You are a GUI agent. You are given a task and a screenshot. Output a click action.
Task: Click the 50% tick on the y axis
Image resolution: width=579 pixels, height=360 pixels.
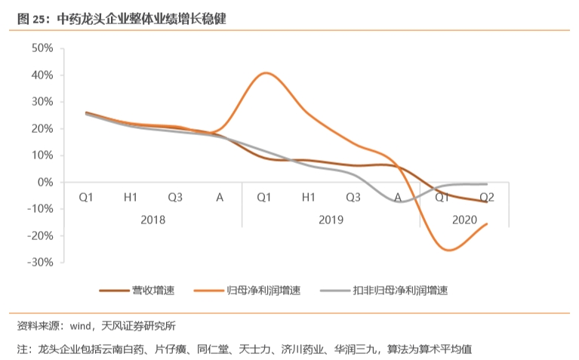coord(42,48)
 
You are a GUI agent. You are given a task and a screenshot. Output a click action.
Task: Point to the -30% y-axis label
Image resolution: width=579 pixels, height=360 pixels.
coord(39,262)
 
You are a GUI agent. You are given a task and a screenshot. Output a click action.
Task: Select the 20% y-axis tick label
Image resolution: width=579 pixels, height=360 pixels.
coord(42,128)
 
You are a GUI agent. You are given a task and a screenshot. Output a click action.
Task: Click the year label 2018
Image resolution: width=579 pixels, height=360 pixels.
coord(152,220)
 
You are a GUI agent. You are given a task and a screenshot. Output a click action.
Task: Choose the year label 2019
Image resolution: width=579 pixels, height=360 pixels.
coord(331,220)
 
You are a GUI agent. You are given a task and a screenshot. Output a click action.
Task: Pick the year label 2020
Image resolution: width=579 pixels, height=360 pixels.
coord(464,220)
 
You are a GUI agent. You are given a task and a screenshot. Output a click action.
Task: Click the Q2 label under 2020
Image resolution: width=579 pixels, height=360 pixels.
coord(487,198)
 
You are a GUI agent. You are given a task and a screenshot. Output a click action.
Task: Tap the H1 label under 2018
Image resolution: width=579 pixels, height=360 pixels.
coord(131,198)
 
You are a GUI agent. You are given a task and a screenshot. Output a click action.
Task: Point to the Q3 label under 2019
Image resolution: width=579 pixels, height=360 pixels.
coord(353,198)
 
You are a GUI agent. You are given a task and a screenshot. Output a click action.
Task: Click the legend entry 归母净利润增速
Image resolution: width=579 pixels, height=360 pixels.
coord(263,291)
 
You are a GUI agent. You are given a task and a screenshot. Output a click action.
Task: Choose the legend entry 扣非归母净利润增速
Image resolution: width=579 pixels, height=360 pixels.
coord(401,291)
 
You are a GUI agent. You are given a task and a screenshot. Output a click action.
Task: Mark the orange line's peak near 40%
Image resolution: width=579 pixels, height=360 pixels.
coord(266,73)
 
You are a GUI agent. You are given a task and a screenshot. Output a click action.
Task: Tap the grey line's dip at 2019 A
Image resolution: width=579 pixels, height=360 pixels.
coord(402,202)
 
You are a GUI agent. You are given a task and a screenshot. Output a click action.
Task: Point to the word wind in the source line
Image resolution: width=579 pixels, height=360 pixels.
coord(80,327)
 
